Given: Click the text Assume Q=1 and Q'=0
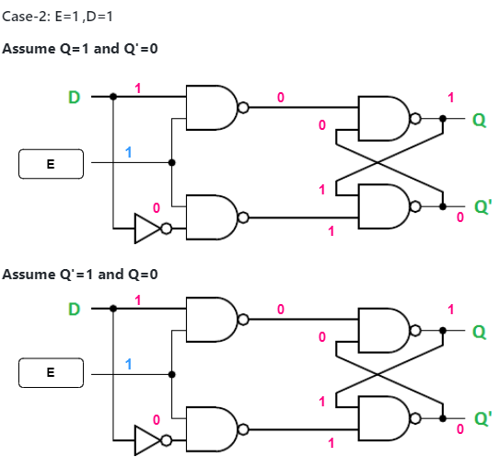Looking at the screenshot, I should tap(79, 48).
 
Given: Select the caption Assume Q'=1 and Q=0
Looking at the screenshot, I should tap(81, 275).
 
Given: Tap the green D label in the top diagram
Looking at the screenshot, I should tap(74, 97).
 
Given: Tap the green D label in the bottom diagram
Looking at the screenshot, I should tap(74, 309).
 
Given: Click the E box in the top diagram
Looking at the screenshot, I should tap(51, 165).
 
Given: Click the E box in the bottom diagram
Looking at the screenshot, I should tap(51, 374).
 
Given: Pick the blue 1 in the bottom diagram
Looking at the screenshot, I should tap(129, 364).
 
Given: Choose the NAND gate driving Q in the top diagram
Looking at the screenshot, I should tap(384, 119).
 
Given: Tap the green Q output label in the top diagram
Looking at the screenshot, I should tap(480, 120).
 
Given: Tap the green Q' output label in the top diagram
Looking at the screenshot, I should tap(482, 205).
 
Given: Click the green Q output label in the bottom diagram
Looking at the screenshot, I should tap(480, 330).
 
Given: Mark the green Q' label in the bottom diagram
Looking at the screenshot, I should tap(482, 417).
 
